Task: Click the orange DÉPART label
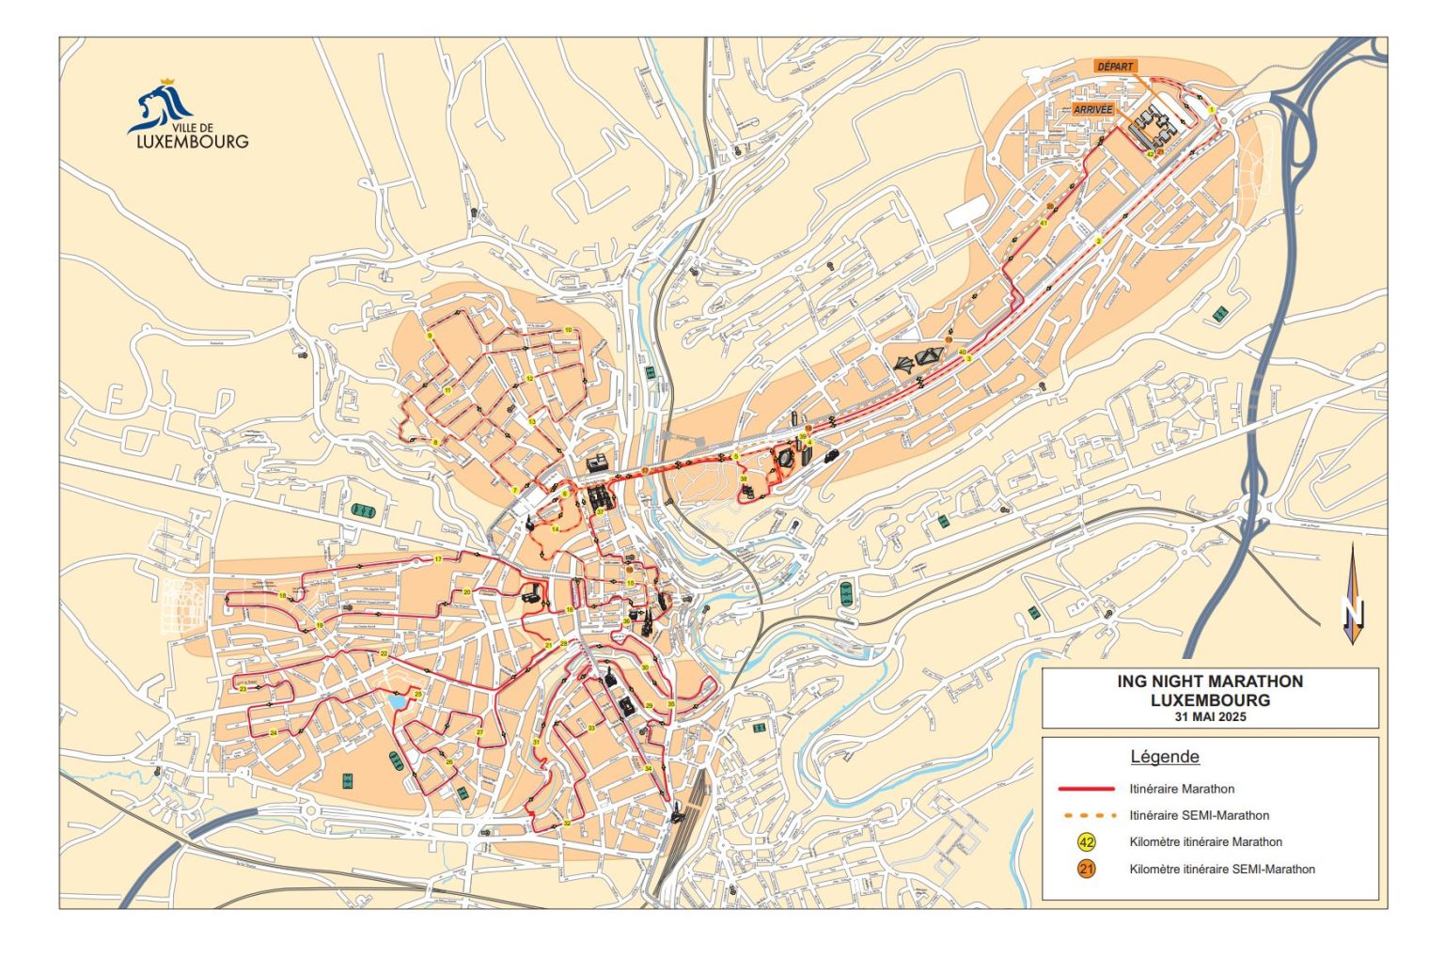[x=1116, y=67]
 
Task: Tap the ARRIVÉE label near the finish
[x=1092, y=110]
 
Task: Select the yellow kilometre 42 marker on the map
[x=1150, y=153]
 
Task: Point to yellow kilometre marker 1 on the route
[x=1212, y=110]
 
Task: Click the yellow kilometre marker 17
[x=438, y=559]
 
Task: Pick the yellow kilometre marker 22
[x=384, y=653]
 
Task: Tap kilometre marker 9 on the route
[x=430, y=336]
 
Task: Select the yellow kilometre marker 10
[x=568, y=330]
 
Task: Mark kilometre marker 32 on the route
[x=567, y=824]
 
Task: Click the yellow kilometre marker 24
[x=273, y=732]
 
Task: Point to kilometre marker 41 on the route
[x=1044, y=224]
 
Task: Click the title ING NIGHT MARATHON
[x=1210, y=682]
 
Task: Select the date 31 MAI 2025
[x=1210, y=716]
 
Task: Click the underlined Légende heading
[x=1164, y=757]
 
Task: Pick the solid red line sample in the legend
[x=1087, y=789]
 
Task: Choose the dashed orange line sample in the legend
[x=1087, y=815]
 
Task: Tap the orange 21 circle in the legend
[x=1087, y=869]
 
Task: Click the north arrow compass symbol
[x=1353, y=594]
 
